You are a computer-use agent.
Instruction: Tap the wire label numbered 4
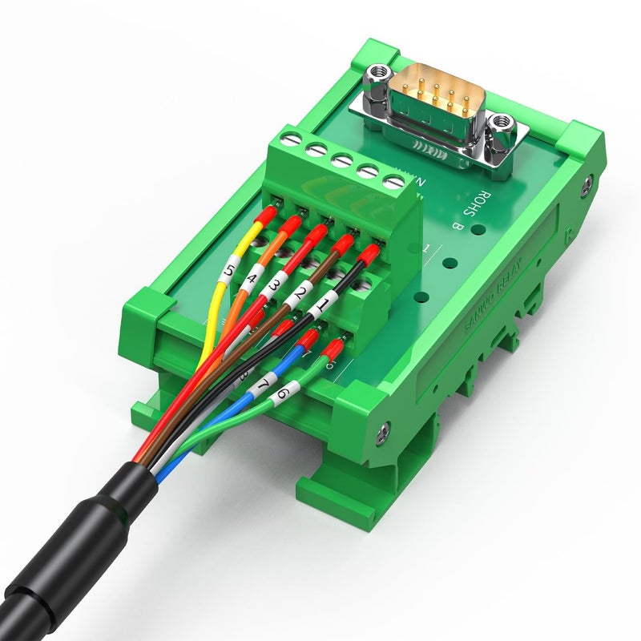(x=252, y=280)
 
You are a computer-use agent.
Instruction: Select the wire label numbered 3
(x=274, y=286)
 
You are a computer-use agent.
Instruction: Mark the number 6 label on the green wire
(x=282, y=394)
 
